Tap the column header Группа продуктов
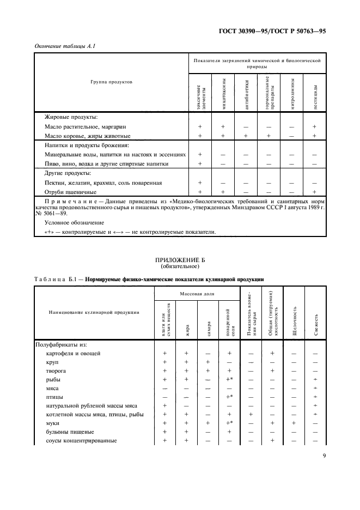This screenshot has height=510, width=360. [111, 82]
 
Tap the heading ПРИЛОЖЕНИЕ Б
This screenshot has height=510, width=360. [179, 262]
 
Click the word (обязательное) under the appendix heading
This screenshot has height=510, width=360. [179, 268]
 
